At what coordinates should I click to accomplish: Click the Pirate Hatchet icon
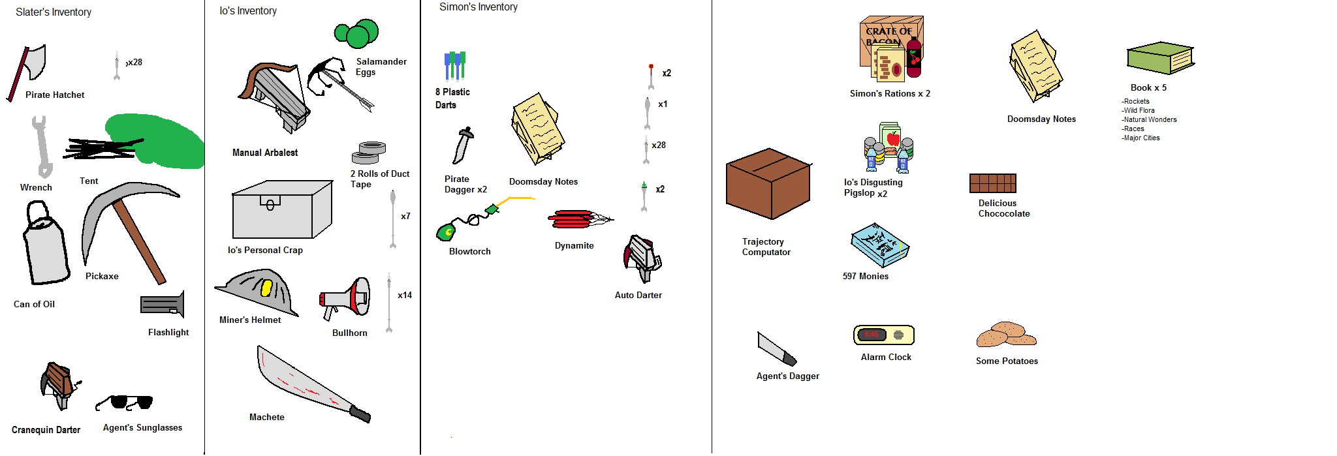pyautogui.click(x=29, y=68)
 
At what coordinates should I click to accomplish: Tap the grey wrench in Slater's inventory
pyautogui.click(x=41, y=147)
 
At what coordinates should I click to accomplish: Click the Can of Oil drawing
pyautogui.click(x=46, y=248)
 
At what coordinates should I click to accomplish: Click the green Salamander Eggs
pyautogui.click(x=357, y=33)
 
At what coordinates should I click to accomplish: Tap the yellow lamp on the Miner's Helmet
pyautogui.click(x=266, y=288)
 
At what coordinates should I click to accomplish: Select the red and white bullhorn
pyautogui.click(x=347, y=299)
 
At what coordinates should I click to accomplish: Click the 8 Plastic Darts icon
pyautogui.click(x=455, y=65)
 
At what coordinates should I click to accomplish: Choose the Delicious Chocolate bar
pyautogui.click(x=992, y=183)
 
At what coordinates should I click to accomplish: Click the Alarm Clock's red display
pyautogui.click(x=872, y=335)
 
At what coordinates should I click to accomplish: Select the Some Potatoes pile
pyautogui.click(x=1006, y=335)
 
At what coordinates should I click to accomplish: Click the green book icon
pyautogui.click(x=1159, y=58)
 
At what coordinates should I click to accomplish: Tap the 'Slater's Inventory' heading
pyautogui.click(x=54, y=12)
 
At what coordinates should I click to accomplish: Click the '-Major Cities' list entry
pyautogui.click(x=1140, y=138)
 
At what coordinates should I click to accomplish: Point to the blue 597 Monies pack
pyautogui.click(x=879, y=245)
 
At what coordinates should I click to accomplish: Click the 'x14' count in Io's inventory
pyautogui.click(x=405, y=296)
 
